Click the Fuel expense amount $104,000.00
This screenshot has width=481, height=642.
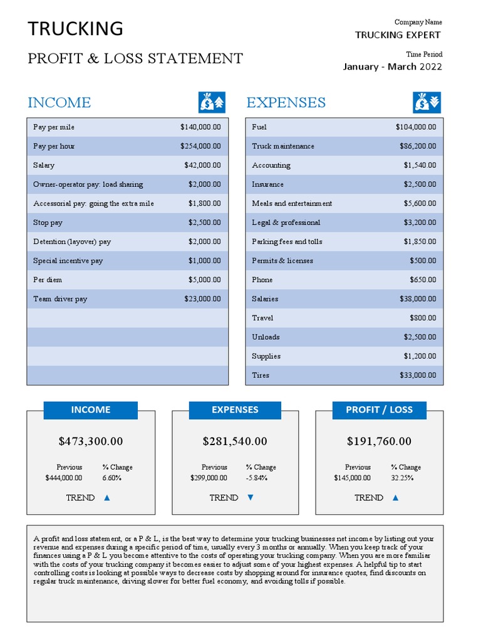415,127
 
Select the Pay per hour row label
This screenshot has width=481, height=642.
54,146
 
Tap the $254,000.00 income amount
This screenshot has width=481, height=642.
200,146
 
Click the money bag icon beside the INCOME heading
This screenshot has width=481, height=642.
212,102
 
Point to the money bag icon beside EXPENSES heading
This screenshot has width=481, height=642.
427,102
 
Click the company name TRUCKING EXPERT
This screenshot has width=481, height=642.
398,35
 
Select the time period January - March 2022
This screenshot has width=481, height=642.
392,66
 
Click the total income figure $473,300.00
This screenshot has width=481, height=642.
91,441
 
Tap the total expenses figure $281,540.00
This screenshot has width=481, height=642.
235,441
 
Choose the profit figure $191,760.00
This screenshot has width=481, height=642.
379,441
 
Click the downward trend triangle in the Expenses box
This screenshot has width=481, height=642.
251,498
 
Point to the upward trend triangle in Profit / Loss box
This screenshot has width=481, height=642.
395,498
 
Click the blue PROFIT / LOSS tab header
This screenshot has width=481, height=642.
379,410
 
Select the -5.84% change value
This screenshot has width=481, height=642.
257,478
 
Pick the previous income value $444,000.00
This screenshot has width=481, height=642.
64,478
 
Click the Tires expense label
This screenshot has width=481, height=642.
261,375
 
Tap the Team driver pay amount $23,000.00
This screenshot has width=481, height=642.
202,299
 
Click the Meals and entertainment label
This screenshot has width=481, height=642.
292,203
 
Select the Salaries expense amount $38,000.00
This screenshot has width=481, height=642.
418,299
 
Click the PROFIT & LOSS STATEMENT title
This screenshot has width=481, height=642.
135,59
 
